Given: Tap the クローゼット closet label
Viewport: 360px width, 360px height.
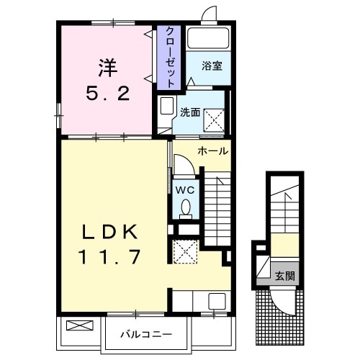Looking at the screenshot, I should click(x=170, y=58).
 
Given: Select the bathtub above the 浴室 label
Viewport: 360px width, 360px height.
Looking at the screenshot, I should click(x=207, y=39).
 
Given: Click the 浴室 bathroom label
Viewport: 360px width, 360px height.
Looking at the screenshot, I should click(x=212, y=66).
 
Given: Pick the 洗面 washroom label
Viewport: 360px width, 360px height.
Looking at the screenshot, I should click(x=190, y=112).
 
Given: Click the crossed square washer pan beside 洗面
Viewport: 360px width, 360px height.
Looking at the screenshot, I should click(x=215, y=118).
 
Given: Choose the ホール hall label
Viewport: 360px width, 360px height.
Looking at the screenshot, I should click(x=213, y=151).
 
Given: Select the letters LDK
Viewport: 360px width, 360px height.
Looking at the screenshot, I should click(x=109, y=232).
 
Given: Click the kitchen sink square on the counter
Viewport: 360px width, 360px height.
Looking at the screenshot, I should click(x=216, y=301).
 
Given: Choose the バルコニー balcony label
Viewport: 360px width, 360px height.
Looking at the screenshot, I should click(x=145, y=334).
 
